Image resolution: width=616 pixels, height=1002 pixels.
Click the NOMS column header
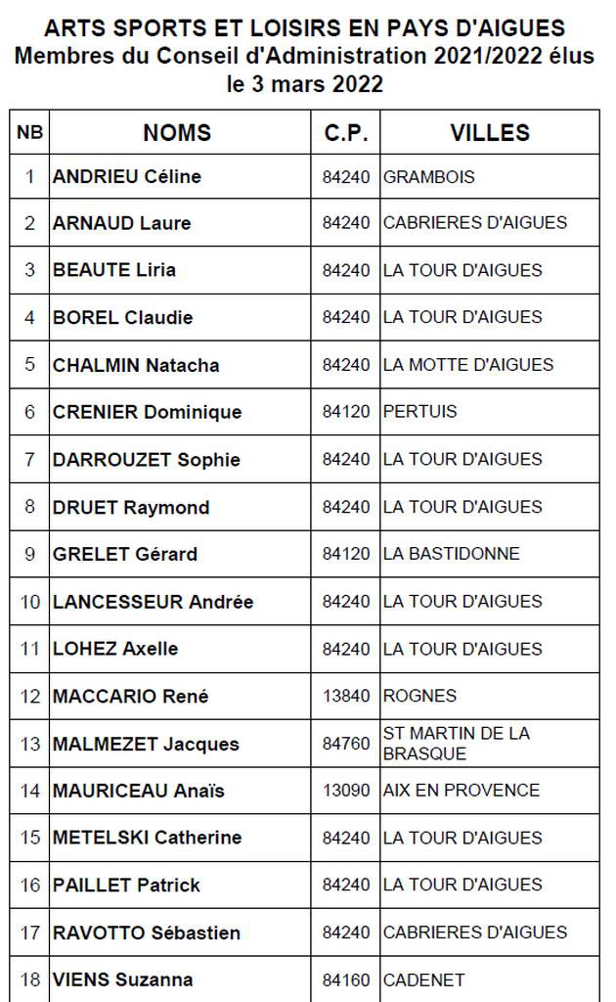coord(177,133)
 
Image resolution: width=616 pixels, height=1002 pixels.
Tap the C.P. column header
coord(346,133)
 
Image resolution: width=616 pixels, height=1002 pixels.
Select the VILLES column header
coord(490,133)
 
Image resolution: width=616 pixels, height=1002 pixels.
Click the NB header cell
coord(29,133)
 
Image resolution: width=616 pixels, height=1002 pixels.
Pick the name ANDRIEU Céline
coord(127,177)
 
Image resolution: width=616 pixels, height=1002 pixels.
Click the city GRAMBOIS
coord(429,177)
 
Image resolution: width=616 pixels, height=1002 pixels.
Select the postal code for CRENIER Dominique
coord(346,412)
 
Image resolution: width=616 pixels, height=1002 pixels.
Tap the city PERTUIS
coord(420,412)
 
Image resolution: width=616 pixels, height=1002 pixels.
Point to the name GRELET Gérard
coord(125,554)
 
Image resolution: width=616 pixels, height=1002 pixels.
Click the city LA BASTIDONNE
coord(452,554)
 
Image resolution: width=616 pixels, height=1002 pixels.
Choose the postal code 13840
coord(346,696)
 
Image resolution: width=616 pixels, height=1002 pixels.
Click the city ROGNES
coord(419,696)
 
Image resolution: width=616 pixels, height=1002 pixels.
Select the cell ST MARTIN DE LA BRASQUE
coord(456,744)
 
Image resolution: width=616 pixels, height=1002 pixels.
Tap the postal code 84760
coord(346,744)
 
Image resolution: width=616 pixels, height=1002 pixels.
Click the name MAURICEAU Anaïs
coord(138,791)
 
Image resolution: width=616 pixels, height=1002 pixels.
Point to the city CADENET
coord(423,979)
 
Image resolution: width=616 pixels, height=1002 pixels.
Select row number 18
coord(29,979)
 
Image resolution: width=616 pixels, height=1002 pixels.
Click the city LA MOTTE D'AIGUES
coord(468,365)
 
